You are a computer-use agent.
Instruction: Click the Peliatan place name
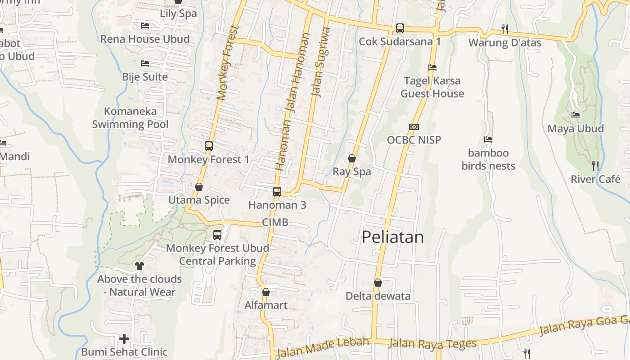(392, 237)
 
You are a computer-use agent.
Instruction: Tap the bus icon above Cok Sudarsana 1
(400, 28)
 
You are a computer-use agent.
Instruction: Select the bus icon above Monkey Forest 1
(208, 146)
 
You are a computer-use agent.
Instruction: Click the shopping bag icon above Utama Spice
(198, 187)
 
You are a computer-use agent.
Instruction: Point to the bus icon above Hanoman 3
(277, 192)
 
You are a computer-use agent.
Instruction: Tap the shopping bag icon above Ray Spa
(352, 158)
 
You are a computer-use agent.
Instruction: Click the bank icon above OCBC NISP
(414, 127)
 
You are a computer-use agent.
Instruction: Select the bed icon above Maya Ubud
(575, 115)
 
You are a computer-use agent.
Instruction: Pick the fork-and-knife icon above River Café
(595, 166)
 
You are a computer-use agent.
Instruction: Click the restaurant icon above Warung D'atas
(505, 29)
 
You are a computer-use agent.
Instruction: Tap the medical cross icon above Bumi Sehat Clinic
(124, 338)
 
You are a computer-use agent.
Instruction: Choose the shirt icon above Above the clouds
(139, 265)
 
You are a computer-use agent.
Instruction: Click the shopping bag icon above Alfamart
(265, 292)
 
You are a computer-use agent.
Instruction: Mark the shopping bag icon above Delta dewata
(378, 283)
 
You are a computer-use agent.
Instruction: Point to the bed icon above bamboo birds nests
(488, 139)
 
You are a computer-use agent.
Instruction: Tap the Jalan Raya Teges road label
(432, 344)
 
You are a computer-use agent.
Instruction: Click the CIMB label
(274, 222)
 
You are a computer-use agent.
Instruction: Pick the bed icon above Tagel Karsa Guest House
(432, 67)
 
